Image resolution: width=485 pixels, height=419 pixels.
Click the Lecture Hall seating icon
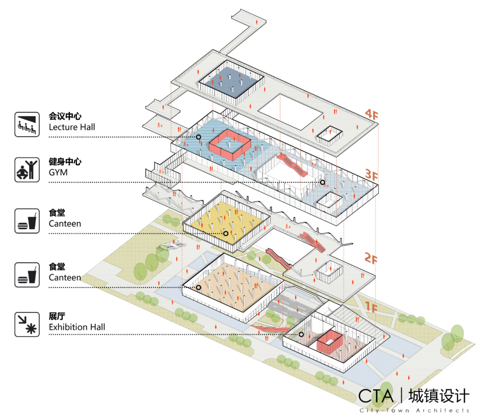[x=27, y=124]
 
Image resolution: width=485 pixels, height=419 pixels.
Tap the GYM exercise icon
[x=27, y=169]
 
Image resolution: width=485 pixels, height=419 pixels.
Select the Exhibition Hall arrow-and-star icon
[x=27, y=324]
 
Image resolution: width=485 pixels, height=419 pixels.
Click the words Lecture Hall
[x=72, y=127]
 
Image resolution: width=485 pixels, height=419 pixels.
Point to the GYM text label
[x=58, y=172]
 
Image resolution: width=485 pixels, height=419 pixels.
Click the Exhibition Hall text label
[x=77, y=327]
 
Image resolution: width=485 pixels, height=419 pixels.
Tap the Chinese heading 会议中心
[x=65, y=116]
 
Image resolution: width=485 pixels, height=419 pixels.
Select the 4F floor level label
[x=371, y=115]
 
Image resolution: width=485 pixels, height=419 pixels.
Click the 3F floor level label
[x=371, y=175]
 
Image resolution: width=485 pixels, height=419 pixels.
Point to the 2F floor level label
[x=371, y=258]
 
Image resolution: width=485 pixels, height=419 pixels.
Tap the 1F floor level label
[x=371, y=307]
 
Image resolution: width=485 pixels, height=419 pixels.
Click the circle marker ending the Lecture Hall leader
[x=198, y=137]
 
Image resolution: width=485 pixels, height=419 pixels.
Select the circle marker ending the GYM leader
[x=322, y=183]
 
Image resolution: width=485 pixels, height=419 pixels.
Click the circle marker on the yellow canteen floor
[x=226, y=233]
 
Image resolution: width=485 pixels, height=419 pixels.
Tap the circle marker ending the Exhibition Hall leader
[x=301, y=334]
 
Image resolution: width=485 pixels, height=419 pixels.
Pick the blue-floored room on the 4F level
[x=232, y=81]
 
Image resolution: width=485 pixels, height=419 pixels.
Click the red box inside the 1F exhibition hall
[x=330, y=342]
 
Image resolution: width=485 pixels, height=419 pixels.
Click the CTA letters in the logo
[x=376, y=396]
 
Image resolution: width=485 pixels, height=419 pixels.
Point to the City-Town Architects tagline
[x=414, y=410]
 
